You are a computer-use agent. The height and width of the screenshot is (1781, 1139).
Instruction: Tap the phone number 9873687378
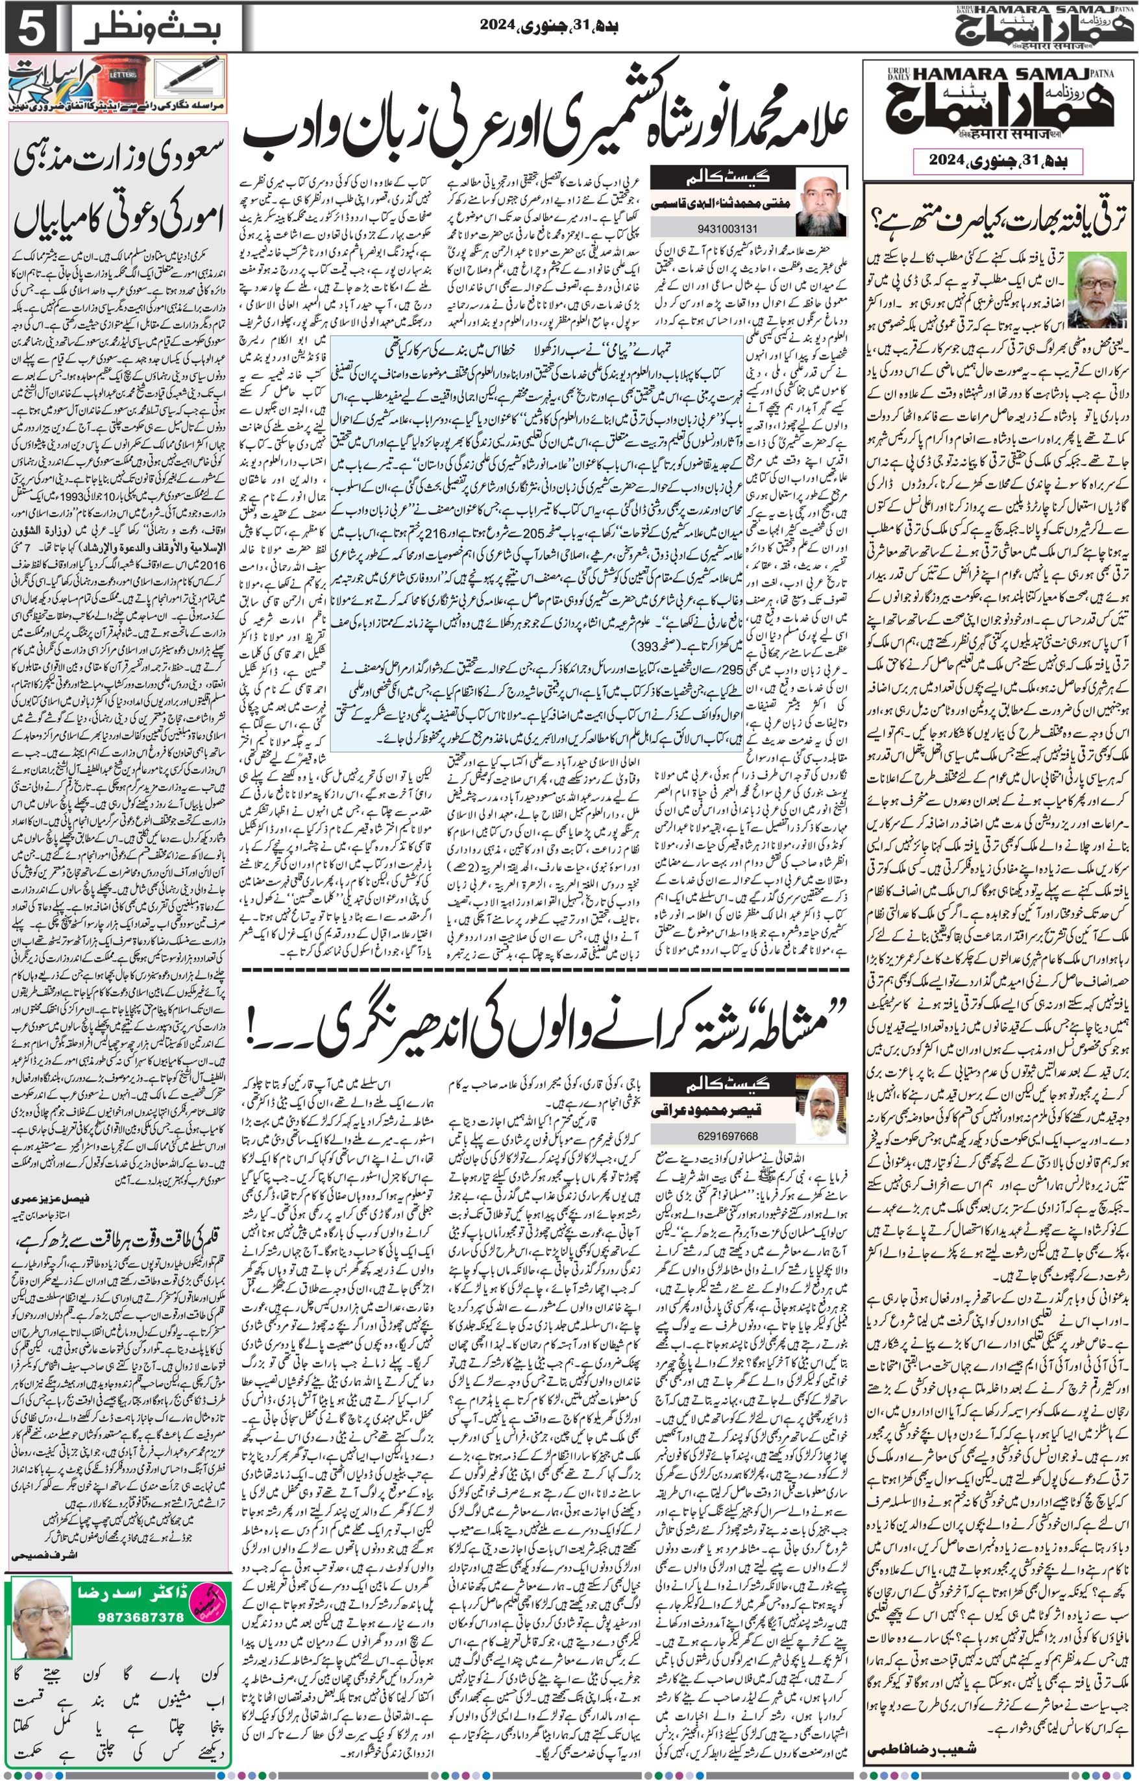click(x=141, y=1611)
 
